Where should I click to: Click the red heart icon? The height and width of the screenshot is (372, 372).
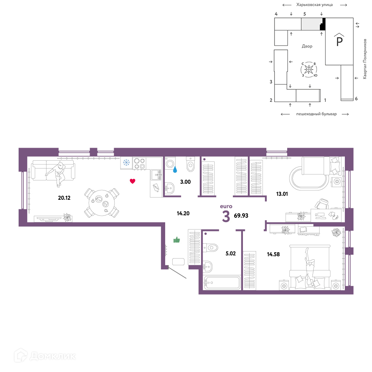point(132,181)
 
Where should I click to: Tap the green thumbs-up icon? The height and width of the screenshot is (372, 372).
point(177,240)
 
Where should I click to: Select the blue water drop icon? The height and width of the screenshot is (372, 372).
point(175,169)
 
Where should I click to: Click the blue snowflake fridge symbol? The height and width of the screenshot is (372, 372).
point(126,163)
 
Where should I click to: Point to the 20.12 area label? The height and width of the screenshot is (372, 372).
point(64,198)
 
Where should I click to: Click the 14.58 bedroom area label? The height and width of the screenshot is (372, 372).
point(273,254)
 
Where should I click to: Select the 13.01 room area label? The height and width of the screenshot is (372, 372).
point(282,194)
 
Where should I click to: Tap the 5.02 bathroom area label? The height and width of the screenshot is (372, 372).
point(231,253)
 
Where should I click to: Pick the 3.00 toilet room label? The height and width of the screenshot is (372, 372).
point(185,182)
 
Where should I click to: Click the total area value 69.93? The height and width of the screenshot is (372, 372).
point(241,215)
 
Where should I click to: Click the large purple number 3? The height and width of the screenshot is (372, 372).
point(226,217)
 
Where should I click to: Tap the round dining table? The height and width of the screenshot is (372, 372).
point(102,203)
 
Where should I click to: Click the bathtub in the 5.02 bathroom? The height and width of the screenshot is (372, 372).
point(222,282)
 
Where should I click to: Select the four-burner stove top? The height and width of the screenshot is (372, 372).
point(139,163)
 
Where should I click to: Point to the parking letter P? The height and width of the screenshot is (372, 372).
point(339,41)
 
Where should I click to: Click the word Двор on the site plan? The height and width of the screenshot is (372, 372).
point(307,46)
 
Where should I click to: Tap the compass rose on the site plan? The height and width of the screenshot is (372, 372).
point(309,70)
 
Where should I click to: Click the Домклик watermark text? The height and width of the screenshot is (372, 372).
point(53,356)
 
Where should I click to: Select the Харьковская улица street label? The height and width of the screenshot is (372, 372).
point(314,4)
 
